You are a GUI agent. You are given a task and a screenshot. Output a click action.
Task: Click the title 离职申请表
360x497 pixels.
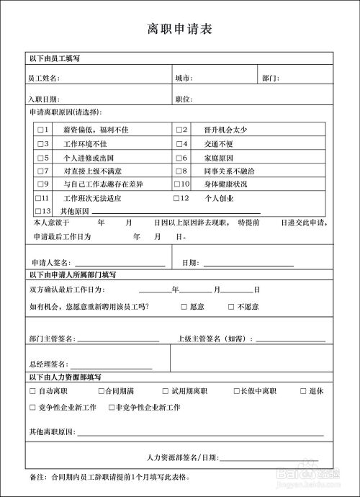[179, 30]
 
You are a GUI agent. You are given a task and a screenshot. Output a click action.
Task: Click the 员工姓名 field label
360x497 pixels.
[44, 78]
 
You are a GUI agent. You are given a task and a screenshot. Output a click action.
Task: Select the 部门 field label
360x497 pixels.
[270, 78]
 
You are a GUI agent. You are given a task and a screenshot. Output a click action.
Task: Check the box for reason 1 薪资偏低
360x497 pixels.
[39, 130]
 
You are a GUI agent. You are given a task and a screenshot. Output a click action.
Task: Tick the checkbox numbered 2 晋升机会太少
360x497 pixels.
[179, 130]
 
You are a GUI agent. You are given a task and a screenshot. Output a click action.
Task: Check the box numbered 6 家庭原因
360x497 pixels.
[179, 157]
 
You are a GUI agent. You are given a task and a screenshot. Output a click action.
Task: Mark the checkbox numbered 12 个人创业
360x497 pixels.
[177, 198]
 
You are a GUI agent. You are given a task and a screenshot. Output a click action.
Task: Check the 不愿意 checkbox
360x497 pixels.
[231, 307]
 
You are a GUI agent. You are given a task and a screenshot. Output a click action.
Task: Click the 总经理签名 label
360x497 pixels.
[48, 364]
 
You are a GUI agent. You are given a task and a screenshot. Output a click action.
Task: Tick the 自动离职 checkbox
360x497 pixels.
[32, 391]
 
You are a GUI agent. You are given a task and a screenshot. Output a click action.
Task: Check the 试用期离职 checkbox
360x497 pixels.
[165, 391]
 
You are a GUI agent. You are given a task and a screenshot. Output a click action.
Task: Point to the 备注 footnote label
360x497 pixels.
[37, 477]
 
